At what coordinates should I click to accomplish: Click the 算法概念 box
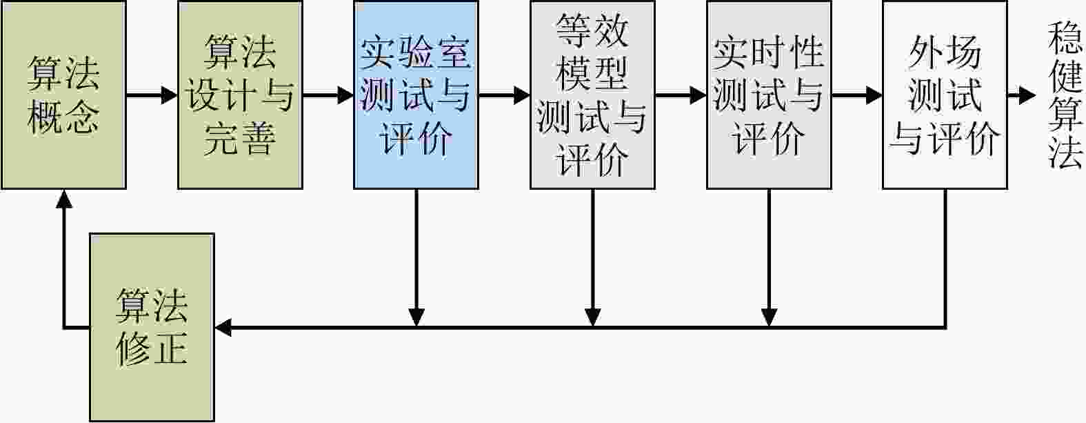point(63,95)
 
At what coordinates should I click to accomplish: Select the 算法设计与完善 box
point(240,95)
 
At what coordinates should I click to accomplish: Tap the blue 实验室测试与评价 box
point(416,95)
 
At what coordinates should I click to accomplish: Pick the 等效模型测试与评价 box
point(592,95)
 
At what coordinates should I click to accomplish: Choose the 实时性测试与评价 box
point(769,95)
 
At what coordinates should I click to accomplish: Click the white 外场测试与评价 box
point(945,95)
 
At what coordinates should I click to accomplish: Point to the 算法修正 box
point(152,328)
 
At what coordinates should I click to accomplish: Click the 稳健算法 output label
point(1065,95)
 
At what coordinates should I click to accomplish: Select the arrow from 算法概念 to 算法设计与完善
point(152,95)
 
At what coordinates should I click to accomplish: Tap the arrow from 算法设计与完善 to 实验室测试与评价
point(328,95)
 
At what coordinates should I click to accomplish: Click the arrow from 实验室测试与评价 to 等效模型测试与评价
point(504,95)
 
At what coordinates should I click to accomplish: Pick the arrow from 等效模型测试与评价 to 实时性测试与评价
point(681,95)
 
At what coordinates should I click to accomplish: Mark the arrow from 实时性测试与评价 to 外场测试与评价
point(857,95)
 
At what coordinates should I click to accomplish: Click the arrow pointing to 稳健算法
point(1021,95)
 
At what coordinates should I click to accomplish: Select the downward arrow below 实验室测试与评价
point(416,257)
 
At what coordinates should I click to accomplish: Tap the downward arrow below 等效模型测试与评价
point(593,257)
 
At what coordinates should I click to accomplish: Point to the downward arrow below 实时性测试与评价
point(769,257)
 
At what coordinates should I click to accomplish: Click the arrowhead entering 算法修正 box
point(223,328)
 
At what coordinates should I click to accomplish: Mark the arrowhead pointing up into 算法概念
point(63,199)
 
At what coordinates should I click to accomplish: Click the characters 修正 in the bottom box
point(152,348)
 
